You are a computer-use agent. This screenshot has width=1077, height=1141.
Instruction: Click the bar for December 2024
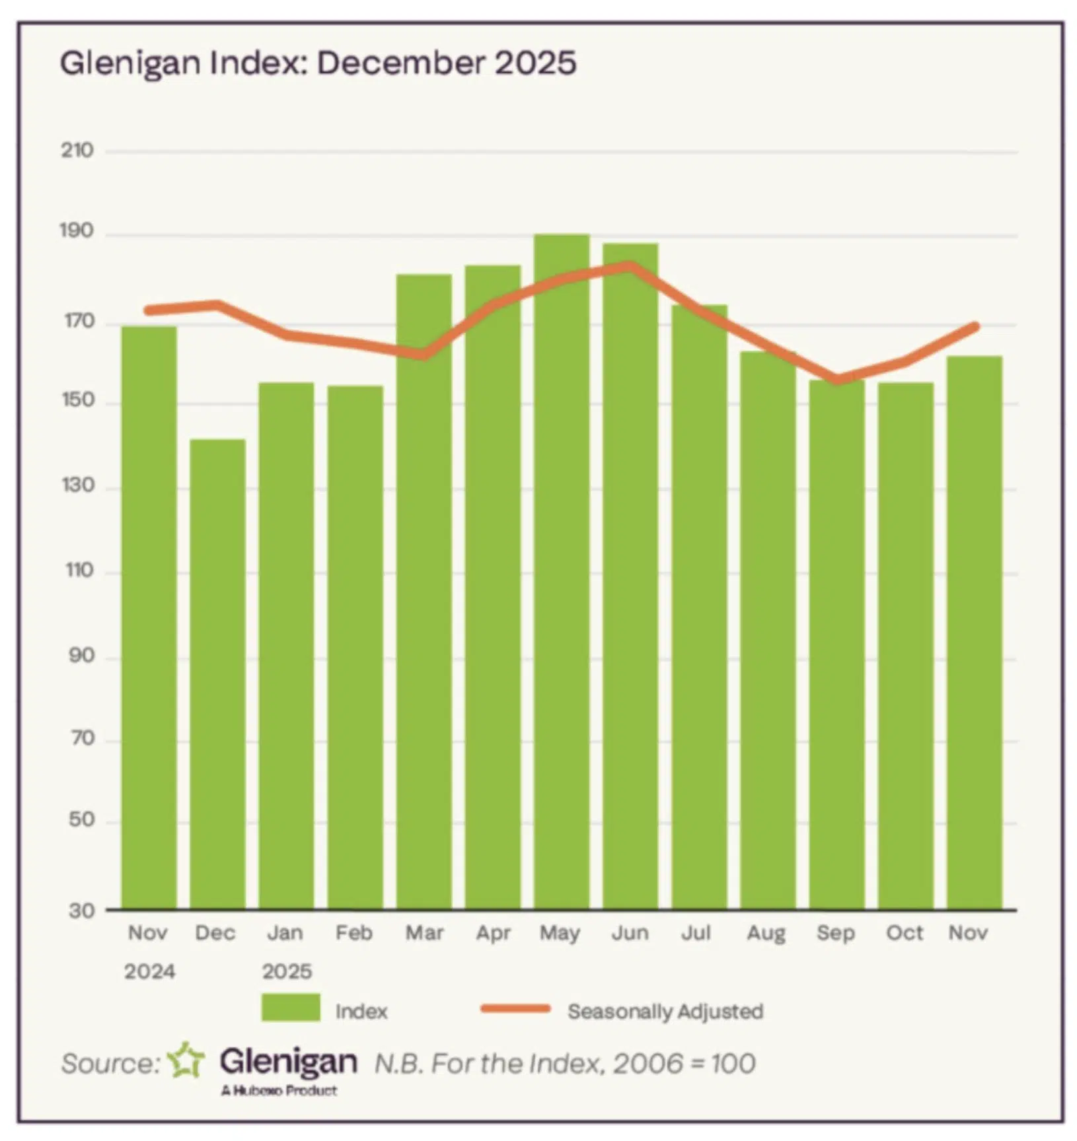pyautogui.click(x=217, y=674)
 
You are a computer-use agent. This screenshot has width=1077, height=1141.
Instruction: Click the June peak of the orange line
pyautogui.click(x=630, y=265)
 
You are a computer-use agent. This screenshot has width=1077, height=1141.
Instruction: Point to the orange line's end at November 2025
pyautogui.click(x=975, y=326)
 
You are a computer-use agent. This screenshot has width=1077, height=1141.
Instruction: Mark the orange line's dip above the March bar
pyautogui.click(x=424, y=355)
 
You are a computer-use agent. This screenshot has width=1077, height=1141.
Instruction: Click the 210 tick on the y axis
pyautogui.click(x=77, y=151)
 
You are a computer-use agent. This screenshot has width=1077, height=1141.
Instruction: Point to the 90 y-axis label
pyautogui.click(x=81, y=656)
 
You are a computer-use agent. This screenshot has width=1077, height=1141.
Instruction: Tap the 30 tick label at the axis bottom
pyautogui.click(x=81, y=911)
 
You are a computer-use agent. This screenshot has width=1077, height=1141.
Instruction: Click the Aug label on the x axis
pyautogui.click(x=766, y=933)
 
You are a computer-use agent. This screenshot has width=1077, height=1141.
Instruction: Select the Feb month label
pyautogui.click(x=353, y=932)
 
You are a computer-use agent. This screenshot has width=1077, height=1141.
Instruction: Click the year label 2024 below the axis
pyautogui.click(x=149, y=971)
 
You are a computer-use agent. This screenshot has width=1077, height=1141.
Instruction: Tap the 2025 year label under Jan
pyautogui.click(x=287, y=971)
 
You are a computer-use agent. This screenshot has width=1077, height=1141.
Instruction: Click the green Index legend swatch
pyautogui.click(x=291, y=1008)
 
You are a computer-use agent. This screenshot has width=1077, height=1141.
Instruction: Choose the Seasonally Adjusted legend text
pyautogui.click(x=665, y=1011)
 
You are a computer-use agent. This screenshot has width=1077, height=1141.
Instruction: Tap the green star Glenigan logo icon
pyautogui.click(x=186, y=1060)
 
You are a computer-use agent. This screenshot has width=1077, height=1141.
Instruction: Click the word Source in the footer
pyautogui.click(x=109, y=1064)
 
